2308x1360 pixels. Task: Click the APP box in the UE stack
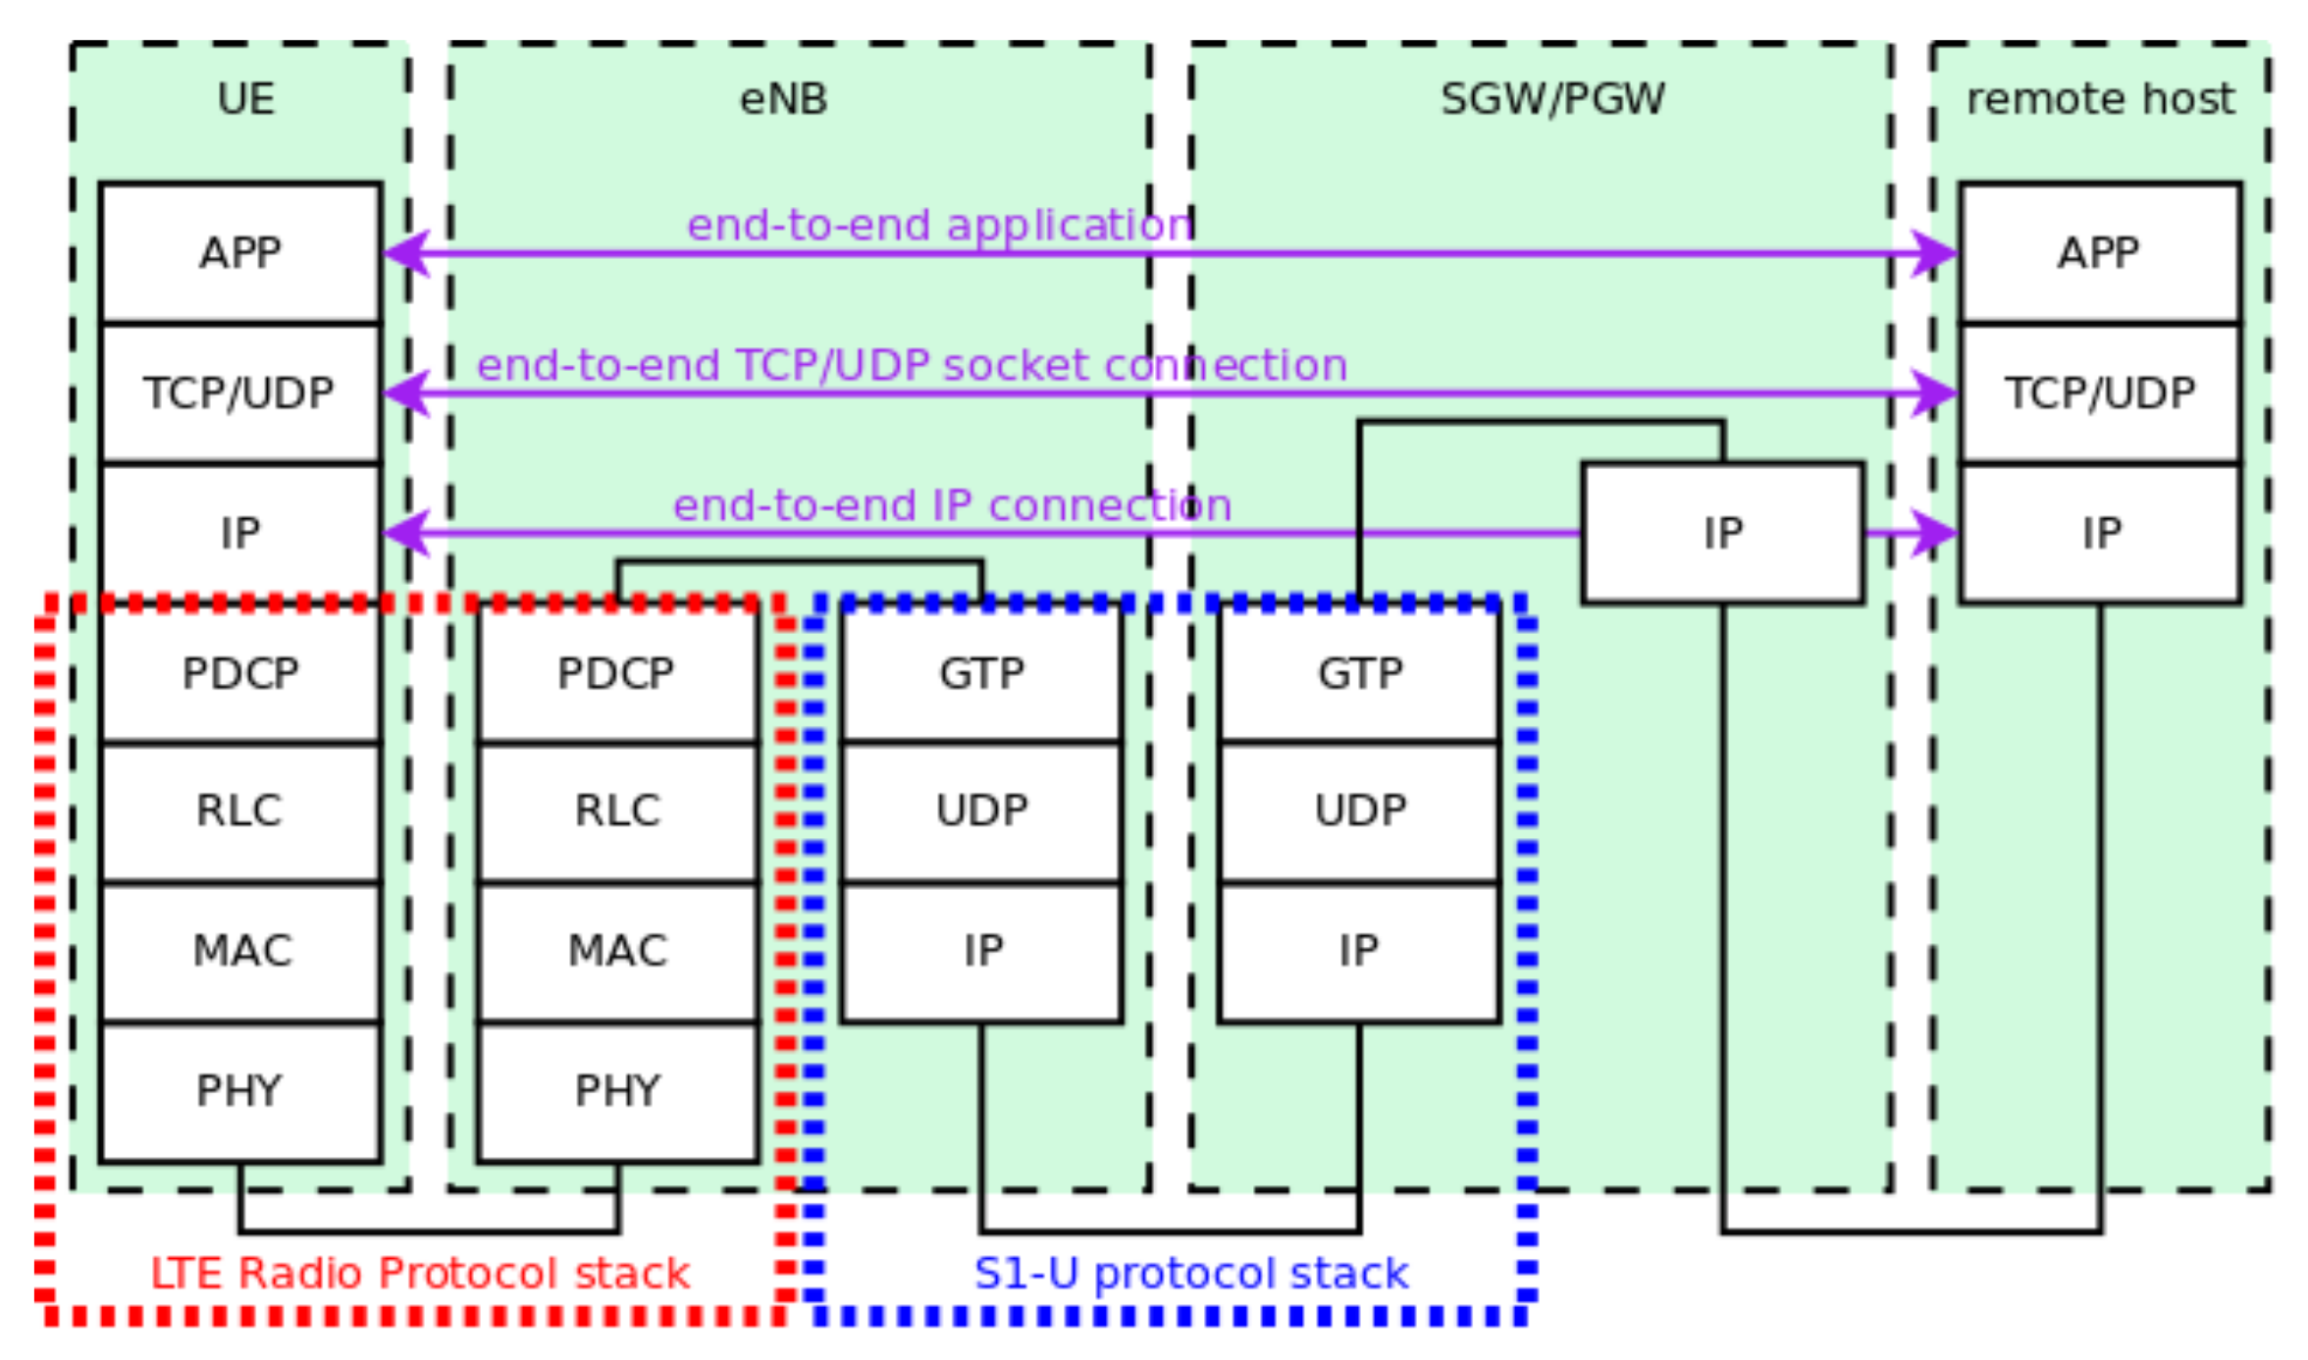[240, 253]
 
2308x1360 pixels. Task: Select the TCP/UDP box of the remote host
[2100, 392]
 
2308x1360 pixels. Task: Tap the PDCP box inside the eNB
[617, 673]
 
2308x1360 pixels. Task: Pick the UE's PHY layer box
[240, 1091]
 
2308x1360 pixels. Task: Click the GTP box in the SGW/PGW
[1360, 673]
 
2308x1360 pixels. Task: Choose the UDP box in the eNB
[981, 811]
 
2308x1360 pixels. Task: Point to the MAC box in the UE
[240, 951]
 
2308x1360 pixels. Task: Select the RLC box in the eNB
[617, 811]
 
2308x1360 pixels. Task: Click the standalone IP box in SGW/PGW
[1722, 533]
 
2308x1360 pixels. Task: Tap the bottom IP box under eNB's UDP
[981, 951]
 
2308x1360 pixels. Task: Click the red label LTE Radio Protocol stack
[420, 1274]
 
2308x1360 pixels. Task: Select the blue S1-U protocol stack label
[1191, 1274]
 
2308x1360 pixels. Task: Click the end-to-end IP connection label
[952, 505]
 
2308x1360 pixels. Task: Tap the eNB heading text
[783, 99]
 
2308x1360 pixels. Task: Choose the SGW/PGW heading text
[1552, 99]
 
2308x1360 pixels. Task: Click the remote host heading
[2100, 99]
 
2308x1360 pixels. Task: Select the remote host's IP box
[2100, 533]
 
